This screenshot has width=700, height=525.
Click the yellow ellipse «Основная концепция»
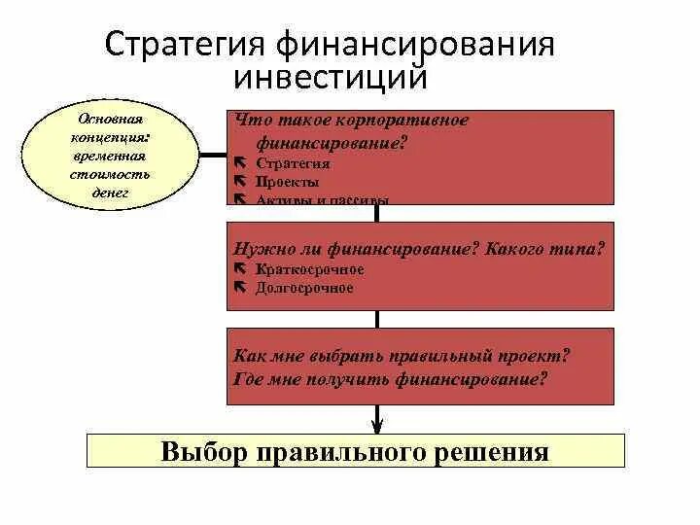click(112, 154)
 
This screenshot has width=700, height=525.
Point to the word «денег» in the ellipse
click(113, 192)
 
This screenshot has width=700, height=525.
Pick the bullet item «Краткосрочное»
click(309, 269)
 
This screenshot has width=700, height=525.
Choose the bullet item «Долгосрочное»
click(304, 288)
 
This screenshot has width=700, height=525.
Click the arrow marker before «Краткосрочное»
click(239, 269)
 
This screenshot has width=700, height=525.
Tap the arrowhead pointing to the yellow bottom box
click(377, 424)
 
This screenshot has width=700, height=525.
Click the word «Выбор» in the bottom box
click(205, 452)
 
